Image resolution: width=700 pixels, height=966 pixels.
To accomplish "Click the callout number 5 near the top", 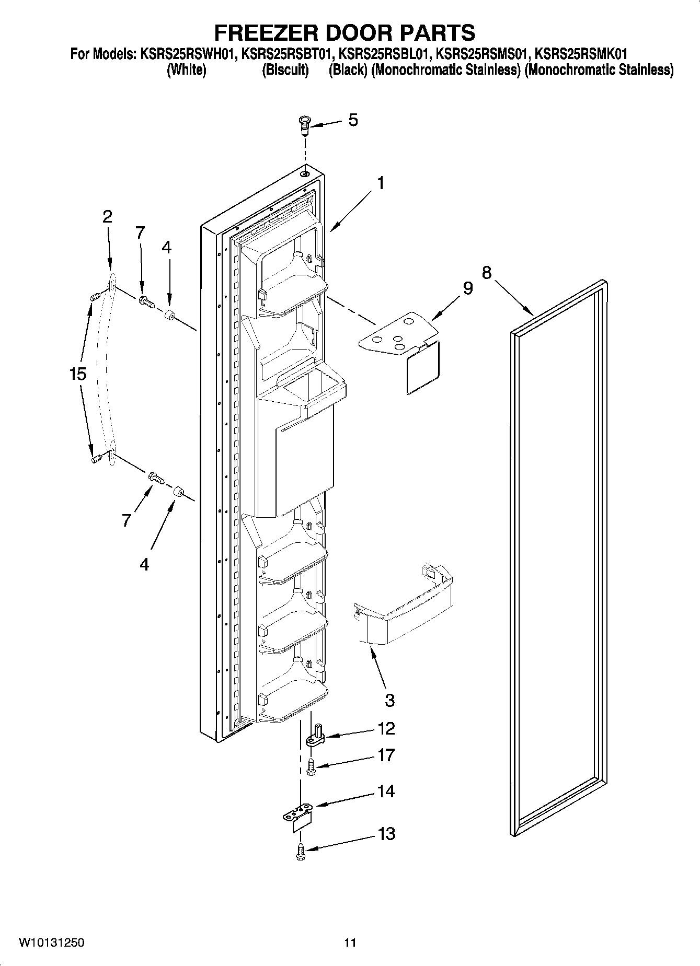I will tap(353, 120).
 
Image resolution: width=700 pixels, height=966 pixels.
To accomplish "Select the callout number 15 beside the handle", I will tap(77, 374).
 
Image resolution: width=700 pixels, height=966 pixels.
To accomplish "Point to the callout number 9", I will tap(467, 288).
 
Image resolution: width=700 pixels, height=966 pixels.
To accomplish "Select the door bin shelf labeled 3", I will tap(403, 606).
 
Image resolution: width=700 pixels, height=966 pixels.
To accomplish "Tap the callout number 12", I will tap(386, 728).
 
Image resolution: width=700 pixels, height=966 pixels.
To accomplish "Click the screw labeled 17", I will tap(312, 766).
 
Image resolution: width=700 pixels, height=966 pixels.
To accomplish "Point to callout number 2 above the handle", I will tap(107, 216).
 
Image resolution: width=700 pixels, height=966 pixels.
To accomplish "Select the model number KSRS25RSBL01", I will tap(385, 54).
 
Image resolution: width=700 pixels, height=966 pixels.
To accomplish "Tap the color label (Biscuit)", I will tap(285, 69).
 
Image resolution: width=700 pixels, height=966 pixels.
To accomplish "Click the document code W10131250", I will tap(51, 942).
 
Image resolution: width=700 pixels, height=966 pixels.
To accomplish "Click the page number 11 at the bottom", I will tap(350, 942).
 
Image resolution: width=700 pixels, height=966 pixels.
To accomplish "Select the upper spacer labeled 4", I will tap(169, 316).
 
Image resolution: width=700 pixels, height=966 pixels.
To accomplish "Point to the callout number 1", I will tap(381, 183).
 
